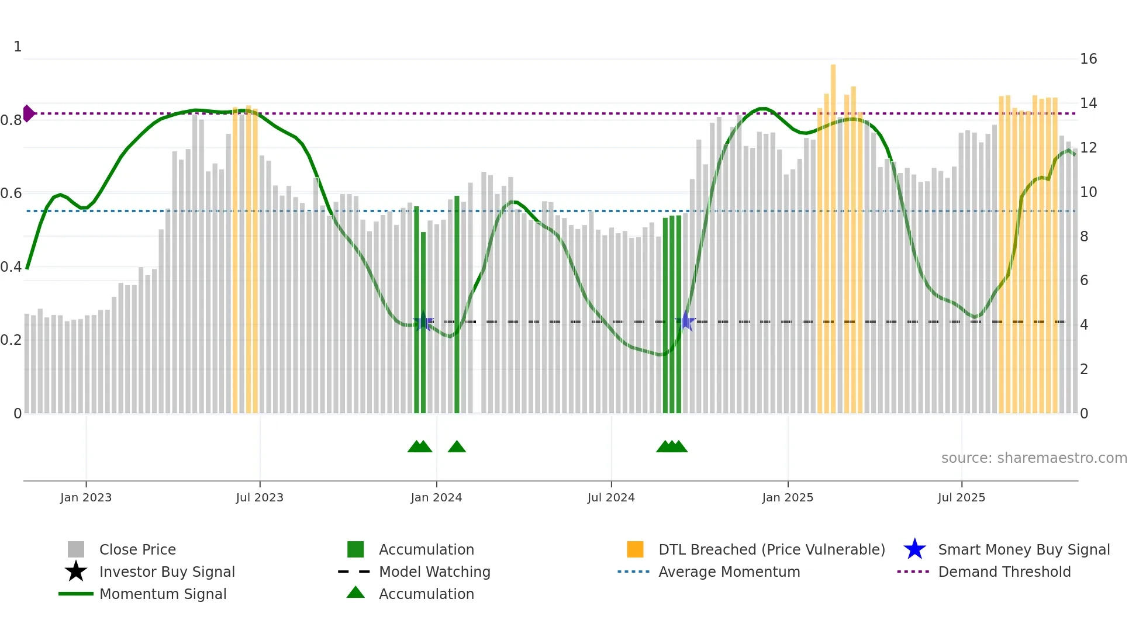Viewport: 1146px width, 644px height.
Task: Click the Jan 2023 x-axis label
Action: pyautogui.click(x=86, y=497)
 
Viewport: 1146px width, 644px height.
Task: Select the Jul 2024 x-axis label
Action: pyautogui.click(x=611, y=497)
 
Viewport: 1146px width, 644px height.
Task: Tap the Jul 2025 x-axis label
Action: pyautogui.click(x=961, y=497)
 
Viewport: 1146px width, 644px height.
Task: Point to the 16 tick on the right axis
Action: pyautogui.click(x=1088, y=59)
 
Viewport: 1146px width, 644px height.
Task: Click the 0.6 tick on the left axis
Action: pyautogui.click(x=11, y=193)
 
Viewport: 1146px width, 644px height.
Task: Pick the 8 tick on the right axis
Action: pyautogui.click(x=1084, y=237)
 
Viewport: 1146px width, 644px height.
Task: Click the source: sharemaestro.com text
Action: pyautogui.click(x=1034, y=458)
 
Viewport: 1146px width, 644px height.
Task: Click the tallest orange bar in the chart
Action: pyautogui.click(x=833, y=234)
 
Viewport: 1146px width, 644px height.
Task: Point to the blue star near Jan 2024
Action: pyautogui.click(x=423, y=321)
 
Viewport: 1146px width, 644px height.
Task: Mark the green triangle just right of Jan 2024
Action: pyautogui.click(x=457, y=447)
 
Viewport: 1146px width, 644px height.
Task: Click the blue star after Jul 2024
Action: pyautogui.click(x=685, y=321)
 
